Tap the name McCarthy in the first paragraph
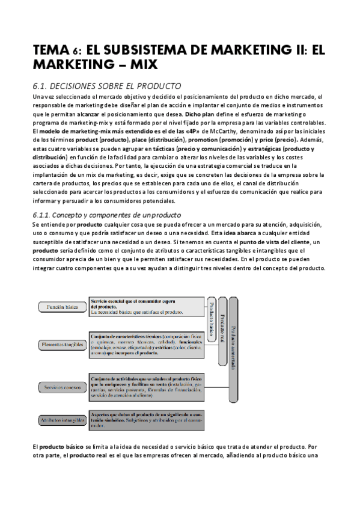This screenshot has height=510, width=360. [197, 131]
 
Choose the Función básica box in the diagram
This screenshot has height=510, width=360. [63, 307]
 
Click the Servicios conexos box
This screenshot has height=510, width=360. [63, 389]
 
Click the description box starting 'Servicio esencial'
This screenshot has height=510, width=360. [138, 306]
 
